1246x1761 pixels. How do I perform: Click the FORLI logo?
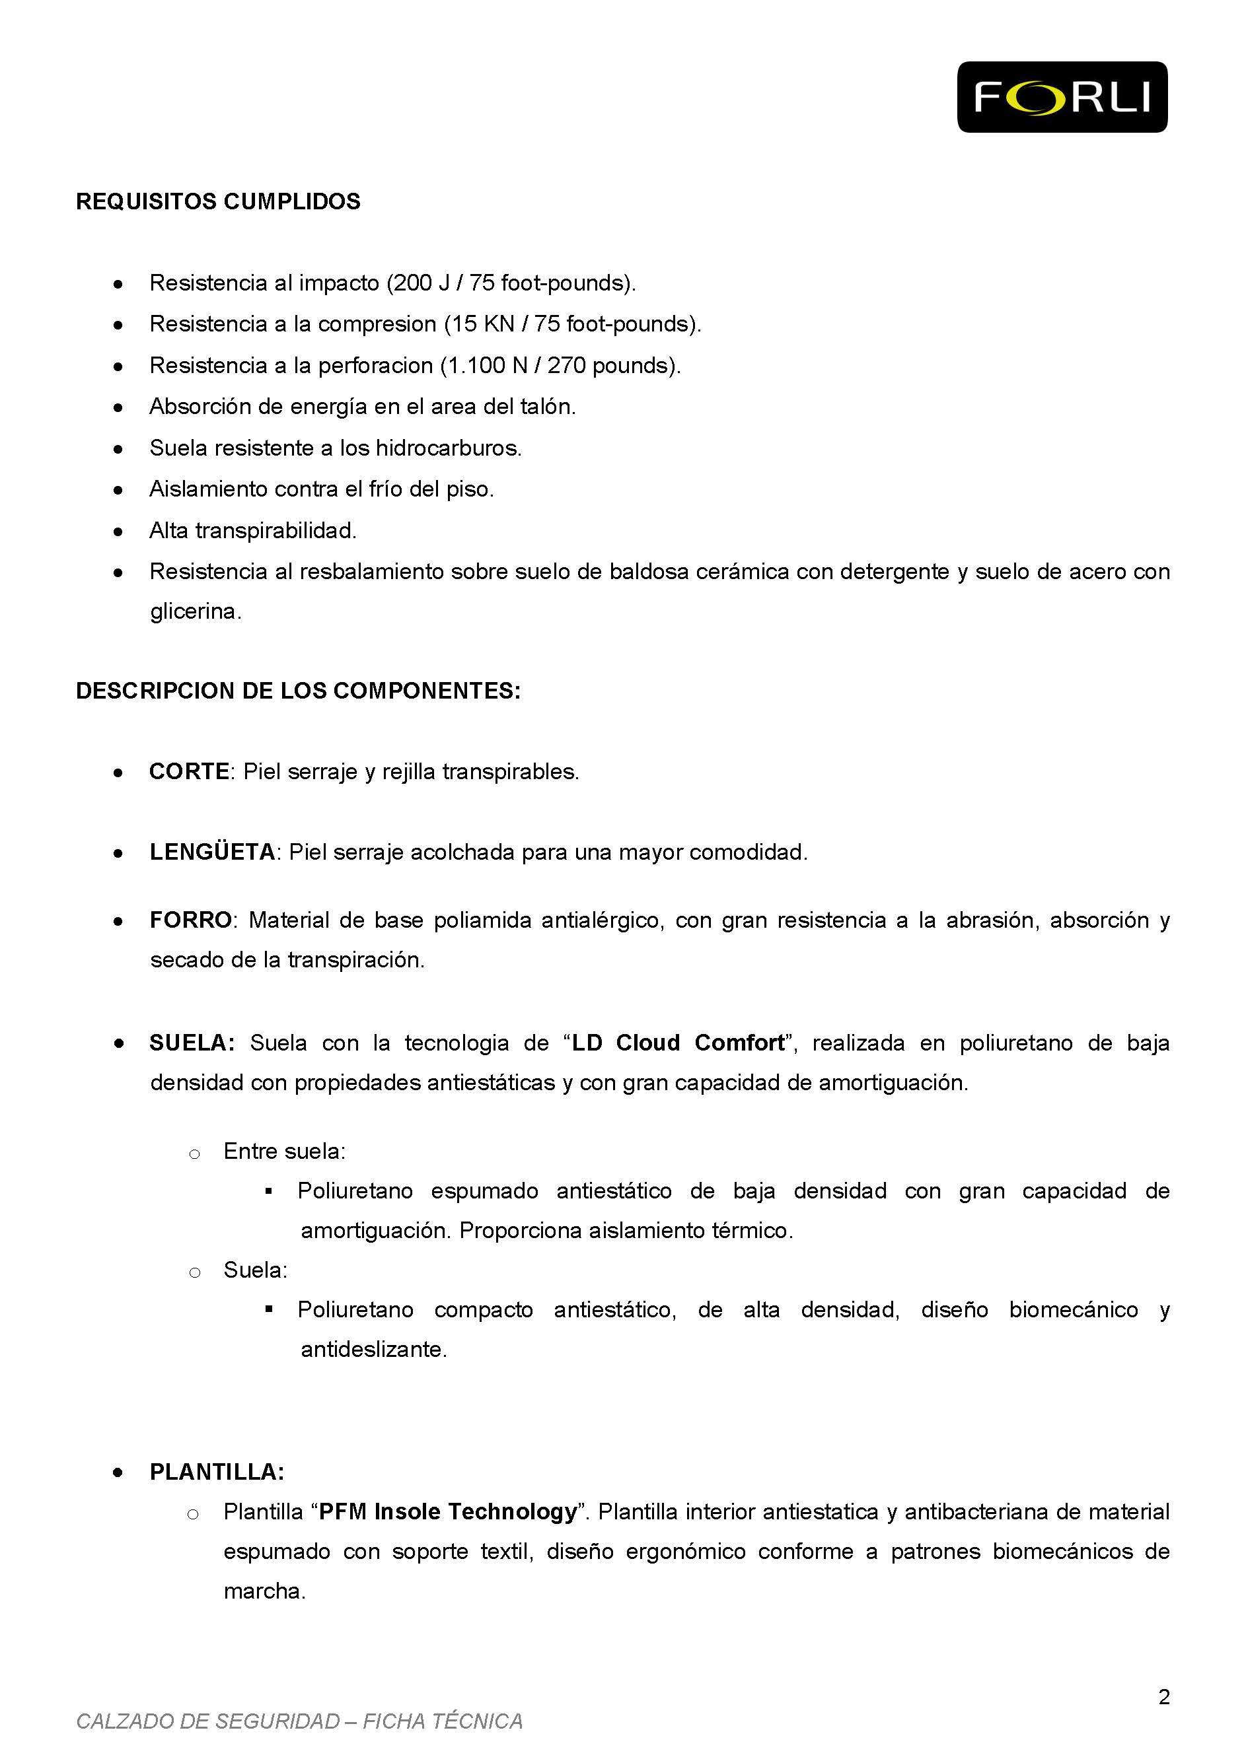coord(1062,98)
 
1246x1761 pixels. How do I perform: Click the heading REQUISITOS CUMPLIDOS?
coord(218,201)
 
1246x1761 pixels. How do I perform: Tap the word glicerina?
coord(195,612)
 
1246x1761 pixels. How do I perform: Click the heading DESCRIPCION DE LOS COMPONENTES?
coord(298,691)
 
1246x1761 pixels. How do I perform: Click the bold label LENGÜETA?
coord(213,852)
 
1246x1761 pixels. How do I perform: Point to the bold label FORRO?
coord(190,920)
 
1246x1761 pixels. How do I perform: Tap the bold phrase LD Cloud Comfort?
coord(678,1043)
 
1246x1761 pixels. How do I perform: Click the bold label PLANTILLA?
coord(216,1471)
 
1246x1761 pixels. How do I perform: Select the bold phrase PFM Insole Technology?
coord(447,1511)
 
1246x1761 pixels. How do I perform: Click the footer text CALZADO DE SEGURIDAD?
coord(207,1721)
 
